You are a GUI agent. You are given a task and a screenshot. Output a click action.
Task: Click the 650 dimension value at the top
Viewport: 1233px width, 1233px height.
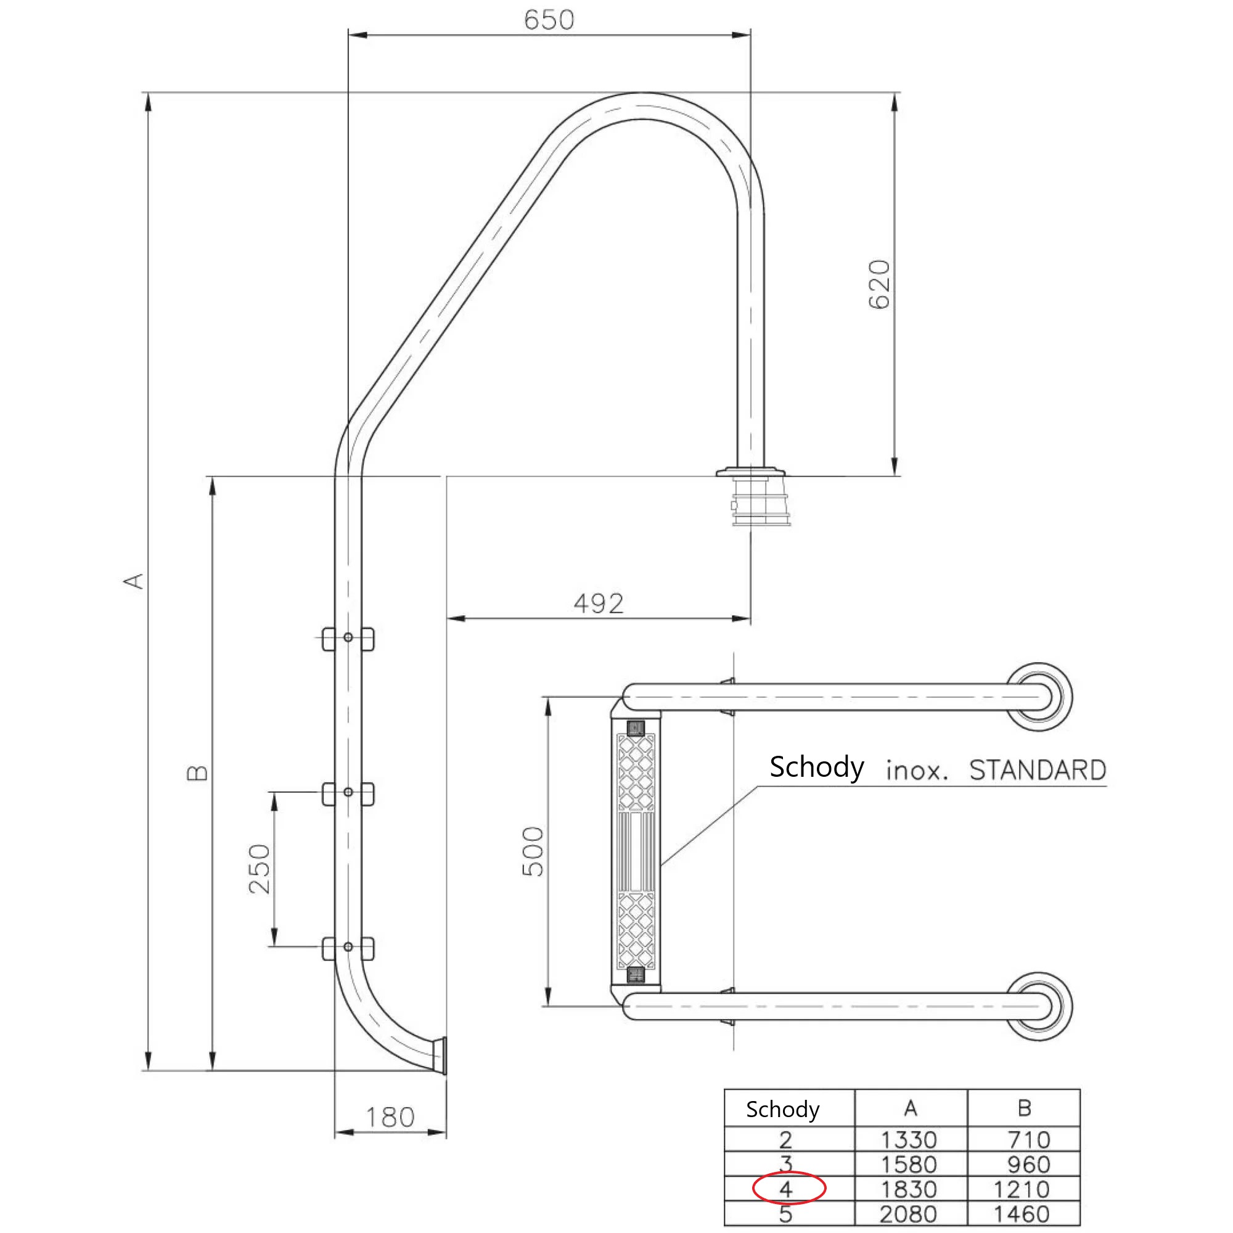(549, 20)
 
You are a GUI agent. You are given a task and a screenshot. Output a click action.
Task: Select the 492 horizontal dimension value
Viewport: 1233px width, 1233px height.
(598, 603)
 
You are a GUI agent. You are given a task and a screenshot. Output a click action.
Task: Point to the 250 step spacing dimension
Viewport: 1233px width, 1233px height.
(260, 869)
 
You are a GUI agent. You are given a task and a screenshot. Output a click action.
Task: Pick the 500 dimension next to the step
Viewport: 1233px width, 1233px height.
(533, 851)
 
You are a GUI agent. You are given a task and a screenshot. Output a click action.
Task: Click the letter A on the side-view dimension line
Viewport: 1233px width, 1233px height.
(134, 581)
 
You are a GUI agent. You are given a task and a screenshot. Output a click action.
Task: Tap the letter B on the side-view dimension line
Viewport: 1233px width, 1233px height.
(197, 774)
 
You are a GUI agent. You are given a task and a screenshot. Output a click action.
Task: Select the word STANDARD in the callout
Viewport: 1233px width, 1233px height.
(1037, 770)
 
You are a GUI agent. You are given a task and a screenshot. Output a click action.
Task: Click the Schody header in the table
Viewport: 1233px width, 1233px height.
(782, 1109)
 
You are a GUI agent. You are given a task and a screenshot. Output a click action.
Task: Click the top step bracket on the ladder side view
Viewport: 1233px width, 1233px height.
(348, 638)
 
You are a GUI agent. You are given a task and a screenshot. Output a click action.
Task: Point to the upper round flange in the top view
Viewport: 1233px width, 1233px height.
(1038, 697)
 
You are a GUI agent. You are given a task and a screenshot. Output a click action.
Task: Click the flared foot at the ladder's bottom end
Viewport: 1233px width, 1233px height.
(439, 1056)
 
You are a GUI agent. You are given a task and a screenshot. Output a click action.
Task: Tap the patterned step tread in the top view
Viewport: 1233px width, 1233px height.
(636, 851)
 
